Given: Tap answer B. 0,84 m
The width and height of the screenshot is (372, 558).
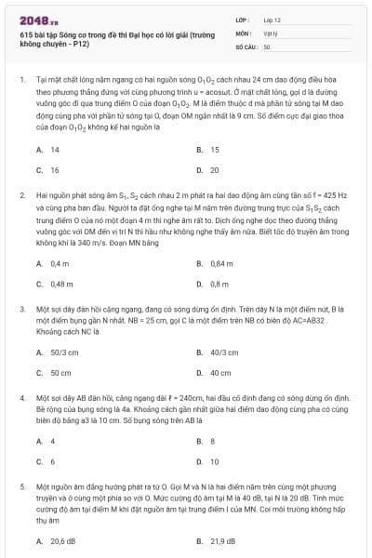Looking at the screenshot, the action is point(214,263).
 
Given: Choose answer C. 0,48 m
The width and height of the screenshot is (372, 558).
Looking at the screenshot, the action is point(55,284).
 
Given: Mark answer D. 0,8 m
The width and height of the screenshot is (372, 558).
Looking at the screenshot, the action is point(213,284).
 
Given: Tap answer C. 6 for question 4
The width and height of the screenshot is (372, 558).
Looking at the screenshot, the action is point(46,461).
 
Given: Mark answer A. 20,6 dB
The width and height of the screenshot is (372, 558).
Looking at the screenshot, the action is point(56,540).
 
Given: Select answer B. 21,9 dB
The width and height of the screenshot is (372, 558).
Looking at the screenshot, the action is point(217,540).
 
